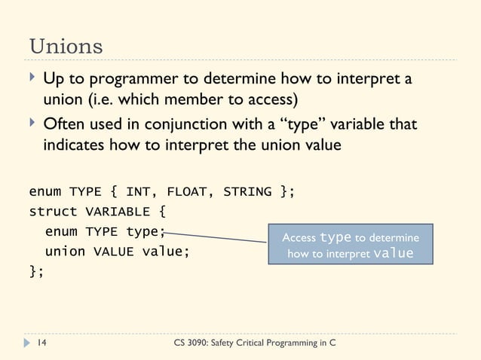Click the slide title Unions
pyautogui.click(x=66, y=45)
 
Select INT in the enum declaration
pyautogui.click(x=138, y=191)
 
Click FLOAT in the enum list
pyautogui.click(x=185, y=191)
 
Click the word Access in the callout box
pyautogui.click(x=299, y=238)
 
